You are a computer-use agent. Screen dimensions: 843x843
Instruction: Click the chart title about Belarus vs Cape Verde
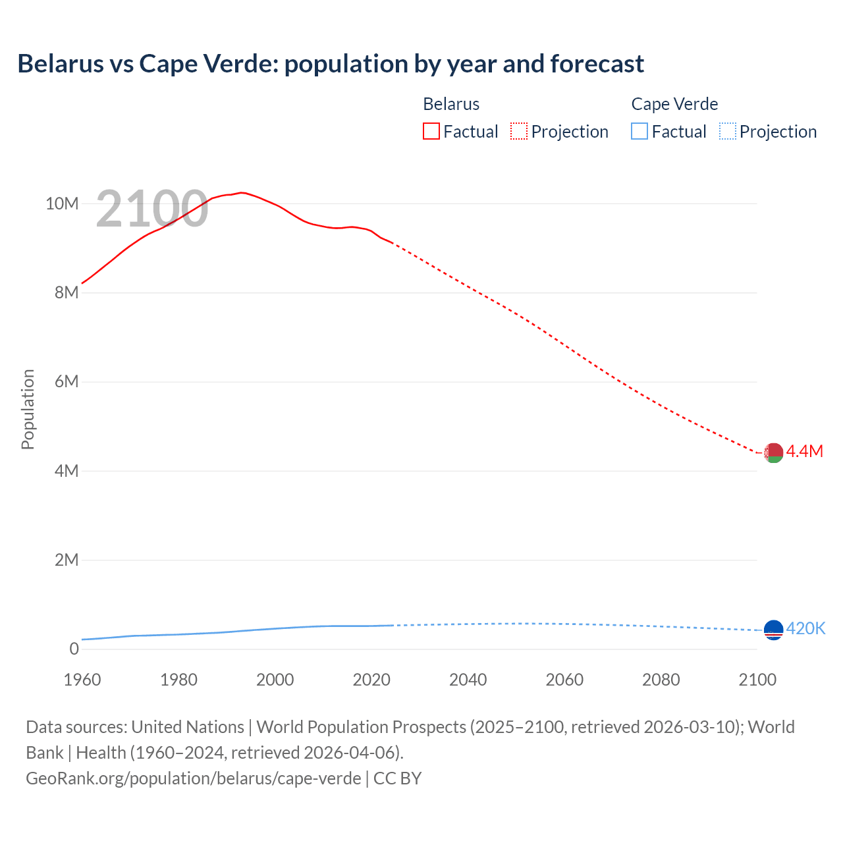(331, 64)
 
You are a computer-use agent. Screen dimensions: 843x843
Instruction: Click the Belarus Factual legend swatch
(431, 132)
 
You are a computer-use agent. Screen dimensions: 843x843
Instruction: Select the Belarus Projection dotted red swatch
(519, 132)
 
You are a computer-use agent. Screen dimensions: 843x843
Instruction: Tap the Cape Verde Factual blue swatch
(639, 132)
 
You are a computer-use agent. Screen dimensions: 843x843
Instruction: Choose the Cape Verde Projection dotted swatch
(727, 132)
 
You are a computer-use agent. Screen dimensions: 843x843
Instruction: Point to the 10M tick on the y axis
(62, 204)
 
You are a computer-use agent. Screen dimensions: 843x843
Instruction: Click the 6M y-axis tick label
(66, 382)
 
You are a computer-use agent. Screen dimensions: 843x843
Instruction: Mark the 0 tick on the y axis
(74, 649)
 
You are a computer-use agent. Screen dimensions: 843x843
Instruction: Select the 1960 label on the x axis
(82, 680)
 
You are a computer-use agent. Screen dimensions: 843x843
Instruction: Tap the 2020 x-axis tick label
(371, 680)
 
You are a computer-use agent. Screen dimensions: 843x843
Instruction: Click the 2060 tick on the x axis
(564, 680)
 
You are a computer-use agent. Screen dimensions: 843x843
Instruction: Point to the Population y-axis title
(28, 409)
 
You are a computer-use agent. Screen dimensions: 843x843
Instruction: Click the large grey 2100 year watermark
(152, 209)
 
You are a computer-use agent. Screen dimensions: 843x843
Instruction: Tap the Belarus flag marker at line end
(773, 453)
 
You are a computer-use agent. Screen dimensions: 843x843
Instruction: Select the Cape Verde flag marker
(773, 630)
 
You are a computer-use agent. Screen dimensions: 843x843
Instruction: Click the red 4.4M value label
(805, 451)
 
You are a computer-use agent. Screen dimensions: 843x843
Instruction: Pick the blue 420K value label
(805, 628)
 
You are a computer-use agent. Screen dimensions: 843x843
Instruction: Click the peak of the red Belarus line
(242, 192)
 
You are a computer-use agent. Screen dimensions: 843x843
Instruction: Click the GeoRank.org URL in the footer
(193, 778)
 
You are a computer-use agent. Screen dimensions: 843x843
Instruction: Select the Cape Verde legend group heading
(674, 104)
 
